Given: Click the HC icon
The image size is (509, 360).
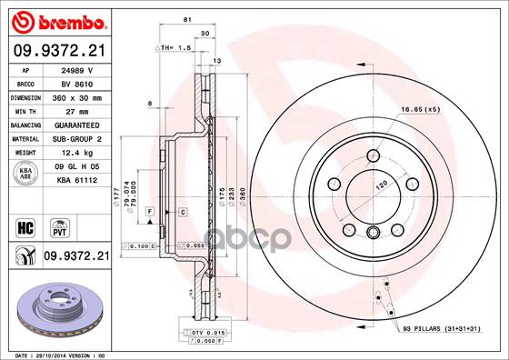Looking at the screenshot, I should [x=25, y=225].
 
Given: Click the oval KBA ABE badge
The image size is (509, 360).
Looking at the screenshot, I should [x=25, y=175].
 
